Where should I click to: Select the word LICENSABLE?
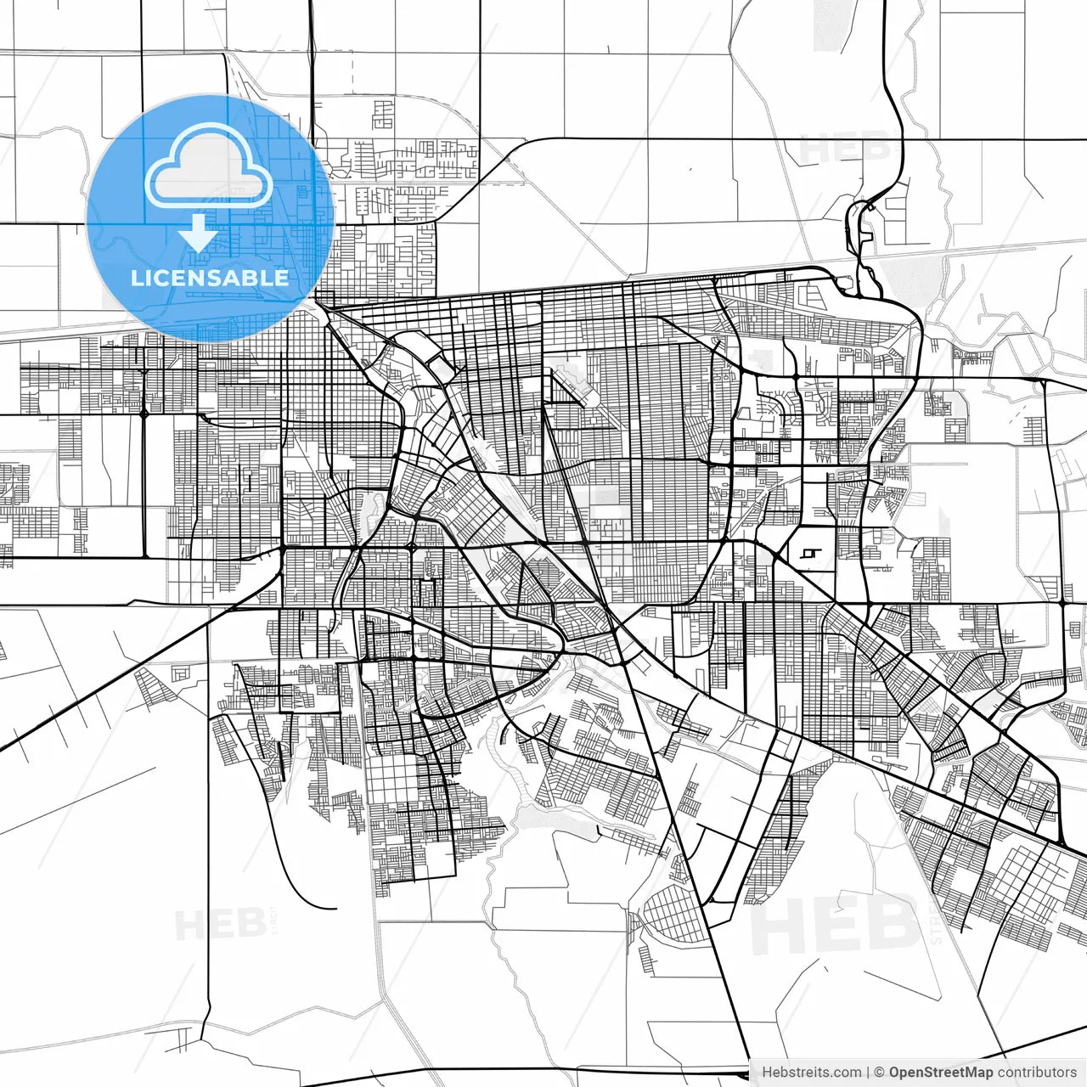(x=210, y=278)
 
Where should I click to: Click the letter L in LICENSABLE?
(x=136, y=278)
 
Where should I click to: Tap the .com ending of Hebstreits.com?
(x=846, y=1073)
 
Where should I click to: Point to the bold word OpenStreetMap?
(x=940, y=1073)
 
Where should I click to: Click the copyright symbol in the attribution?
(x=880, y=1073)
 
